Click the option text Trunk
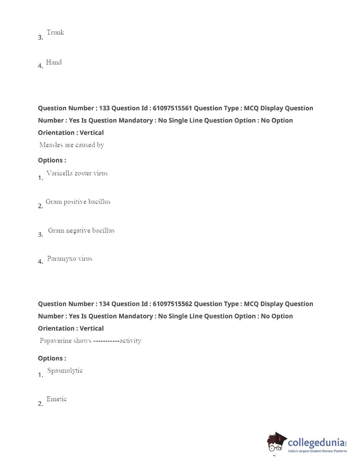point(55,32)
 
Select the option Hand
point(54,62)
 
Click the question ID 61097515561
point(172,108)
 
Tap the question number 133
point(104,108)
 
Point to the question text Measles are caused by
point(72,145)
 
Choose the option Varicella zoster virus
point(77,173)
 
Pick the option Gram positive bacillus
point(78,202)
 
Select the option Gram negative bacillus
point(81,231)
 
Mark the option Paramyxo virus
point(70,259)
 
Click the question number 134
point(104,304)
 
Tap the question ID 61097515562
point(172,304)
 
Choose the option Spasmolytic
point(65,371)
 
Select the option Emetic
point(57,399)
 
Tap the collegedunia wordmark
point(316,443)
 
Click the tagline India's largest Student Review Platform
point(317,451)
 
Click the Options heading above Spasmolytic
point(52,358)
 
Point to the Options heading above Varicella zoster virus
point(52,160)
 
